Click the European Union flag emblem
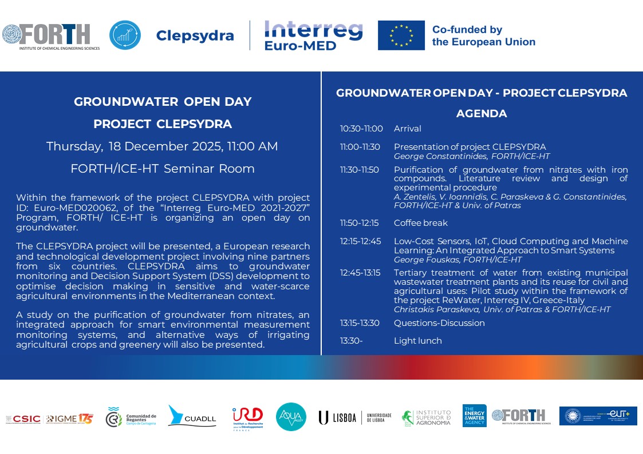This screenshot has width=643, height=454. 401,35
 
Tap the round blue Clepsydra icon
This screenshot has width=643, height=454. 125,35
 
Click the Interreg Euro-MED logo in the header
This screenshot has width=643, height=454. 313,35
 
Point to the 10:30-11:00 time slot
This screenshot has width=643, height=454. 361,129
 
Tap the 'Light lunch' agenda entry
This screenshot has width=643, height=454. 418,341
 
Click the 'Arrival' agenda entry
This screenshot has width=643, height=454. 408,129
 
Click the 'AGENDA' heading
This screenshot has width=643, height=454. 482,114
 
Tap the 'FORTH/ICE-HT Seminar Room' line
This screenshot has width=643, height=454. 163,169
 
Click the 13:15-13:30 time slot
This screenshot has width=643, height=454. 360,323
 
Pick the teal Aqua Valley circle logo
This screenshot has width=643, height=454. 291,417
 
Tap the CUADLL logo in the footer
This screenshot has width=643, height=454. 192,417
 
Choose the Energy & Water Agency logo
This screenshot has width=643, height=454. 474,416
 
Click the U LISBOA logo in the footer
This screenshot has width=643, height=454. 355,417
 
